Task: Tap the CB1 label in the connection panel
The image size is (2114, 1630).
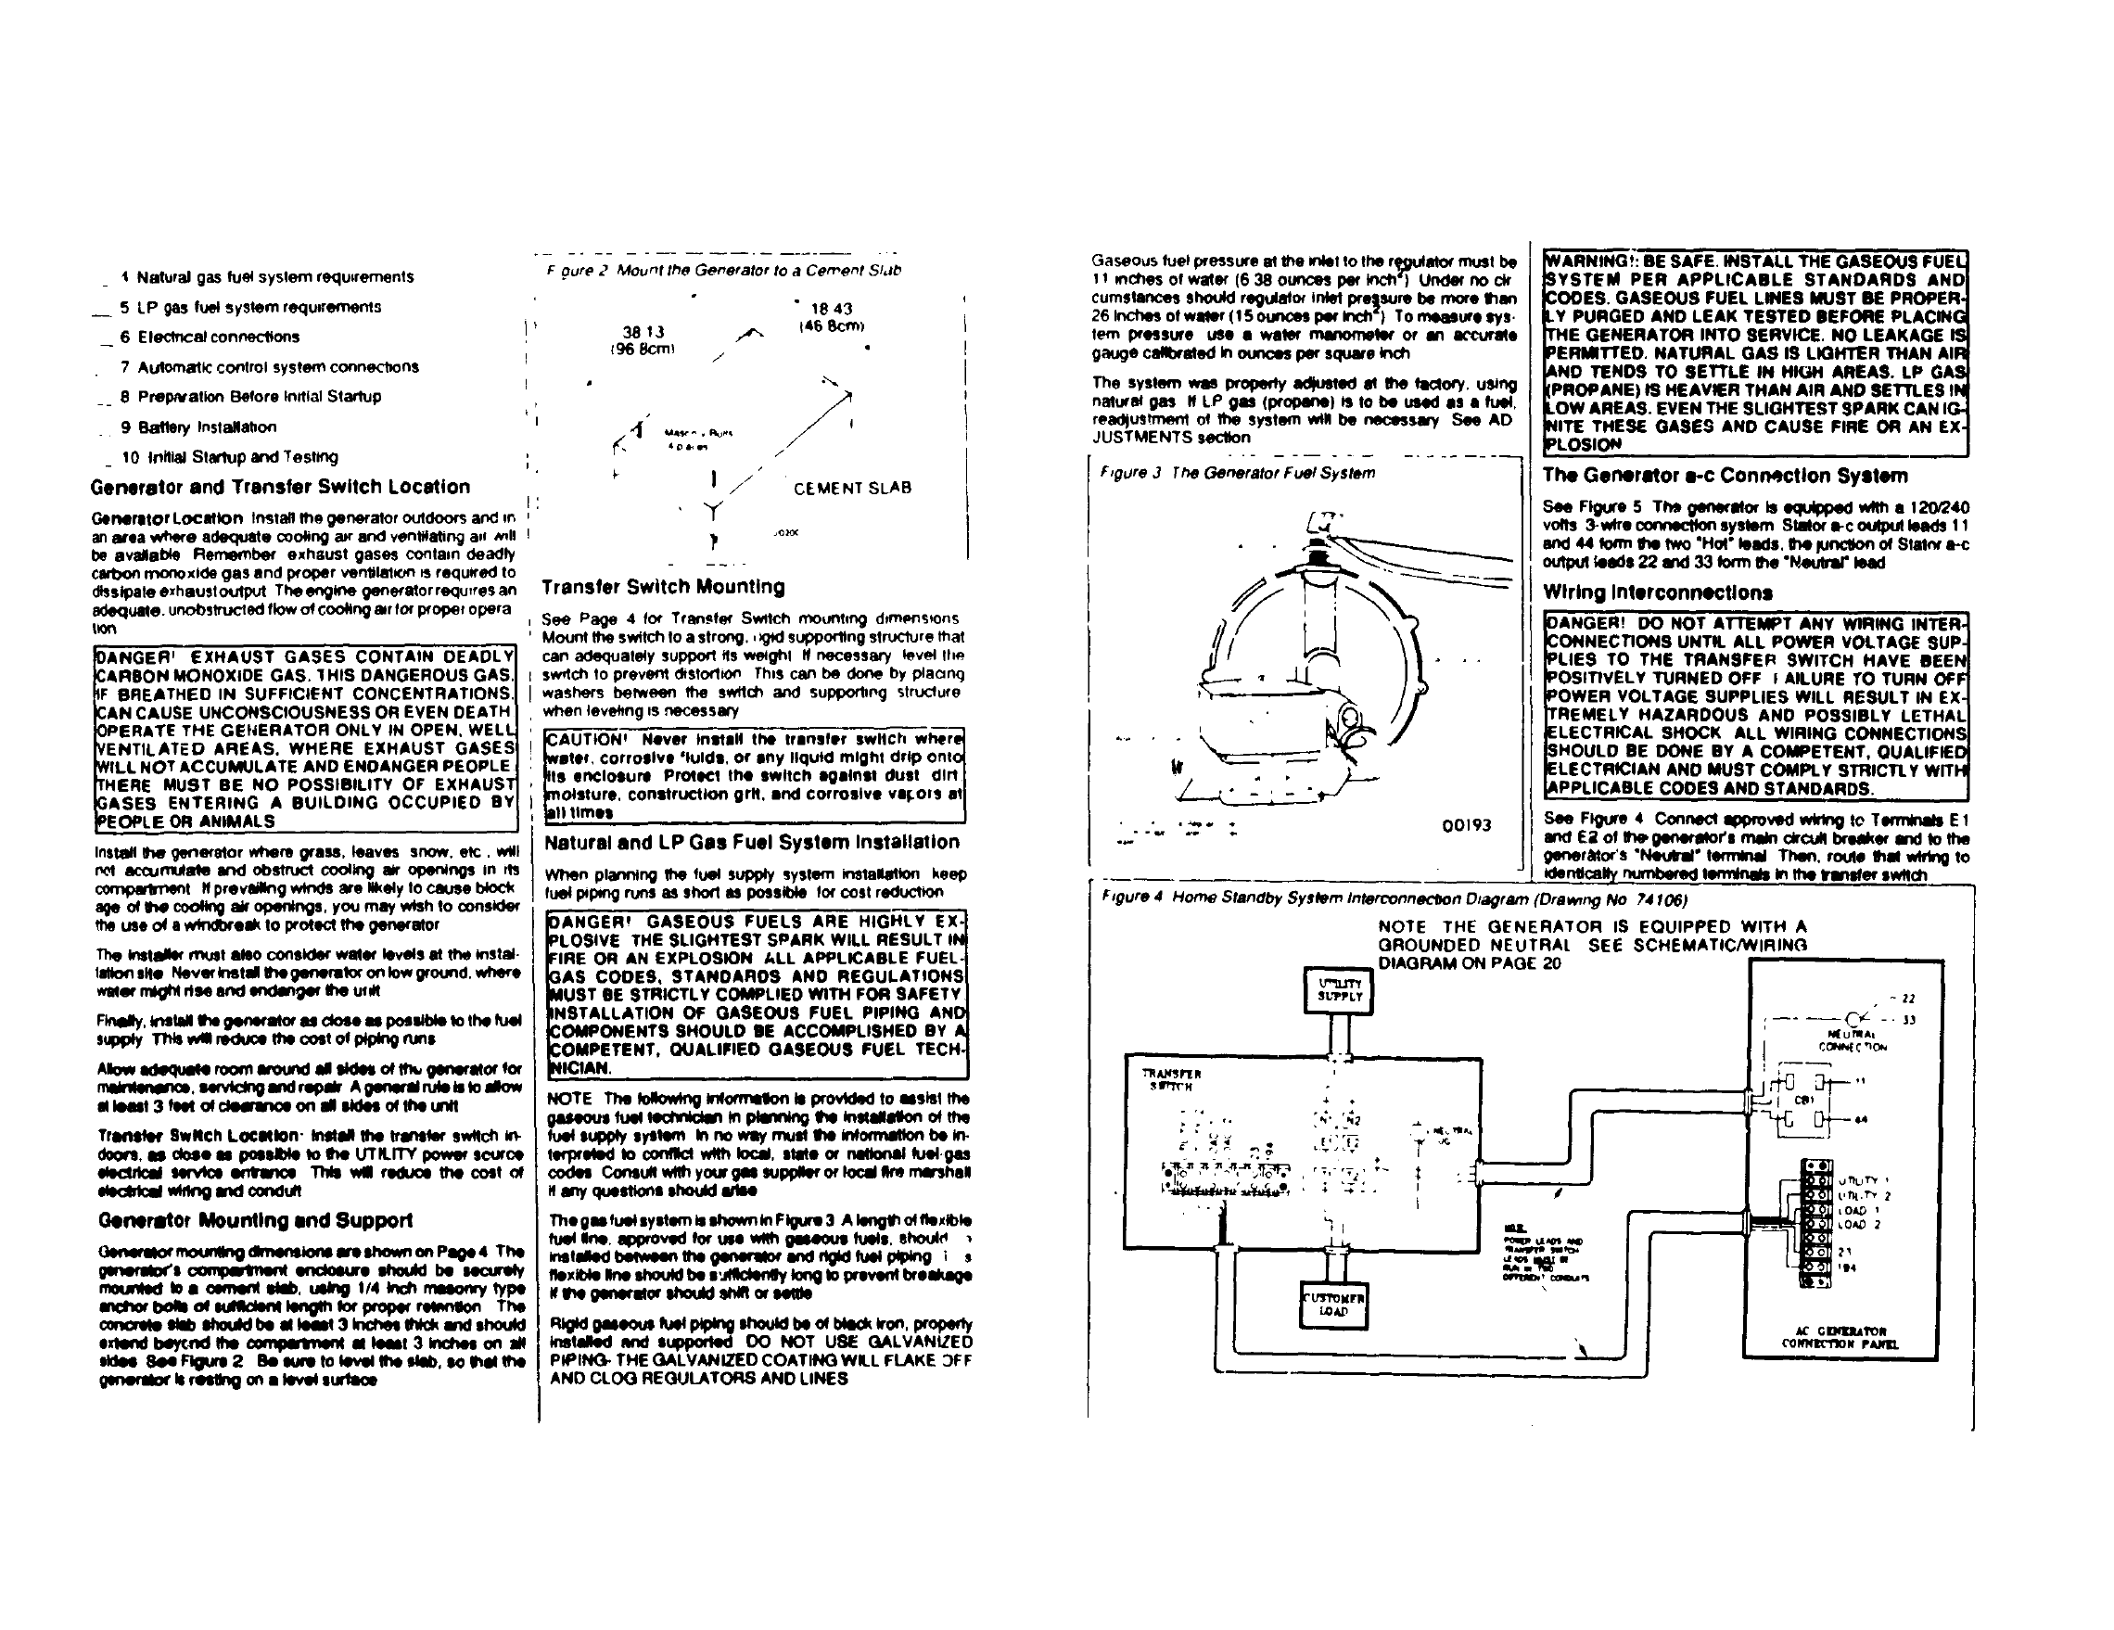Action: coord(1803,1100)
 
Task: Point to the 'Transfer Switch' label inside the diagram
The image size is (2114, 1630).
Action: coord(1171,1080)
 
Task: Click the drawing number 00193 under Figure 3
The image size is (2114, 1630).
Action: coord(1467,824)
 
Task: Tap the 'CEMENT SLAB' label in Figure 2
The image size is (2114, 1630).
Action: coord(852,488)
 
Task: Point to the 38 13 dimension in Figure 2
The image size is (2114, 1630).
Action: coord(643,332)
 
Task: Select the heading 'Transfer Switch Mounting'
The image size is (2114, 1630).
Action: coord(663,587)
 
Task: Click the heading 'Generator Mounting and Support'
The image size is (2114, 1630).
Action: coord(256,1220)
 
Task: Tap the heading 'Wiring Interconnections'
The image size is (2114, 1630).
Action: coord(1657,592)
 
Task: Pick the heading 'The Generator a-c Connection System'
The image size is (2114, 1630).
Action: coord(1725,476)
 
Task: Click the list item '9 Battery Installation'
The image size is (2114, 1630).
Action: coord(198,427)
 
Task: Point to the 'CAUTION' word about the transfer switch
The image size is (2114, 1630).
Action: coord(588,740)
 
